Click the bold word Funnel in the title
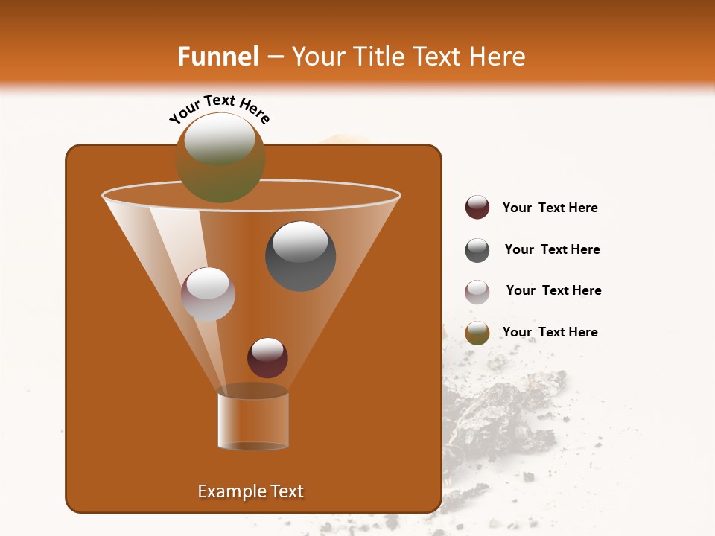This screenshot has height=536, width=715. [217, 57]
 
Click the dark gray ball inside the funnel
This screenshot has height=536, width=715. [300, 256]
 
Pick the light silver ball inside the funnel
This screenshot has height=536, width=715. [208, 294]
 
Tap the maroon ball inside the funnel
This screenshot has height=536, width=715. [267, 358]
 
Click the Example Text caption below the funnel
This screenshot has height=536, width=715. [251, 491]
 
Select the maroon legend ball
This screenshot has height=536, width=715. [477, 208]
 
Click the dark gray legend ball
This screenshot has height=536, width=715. [477, 250]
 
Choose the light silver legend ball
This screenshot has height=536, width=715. [477, 292]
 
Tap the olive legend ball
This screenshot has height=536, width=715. [477, 333]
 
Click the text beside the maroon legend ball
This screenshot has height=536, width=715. [550, 208]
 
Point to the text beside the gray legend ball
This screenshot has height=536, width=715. [552, 249]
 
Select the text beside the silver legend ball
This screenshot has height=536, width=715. [553, 290]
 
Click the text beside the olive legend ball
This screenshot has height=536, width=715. [550, 332]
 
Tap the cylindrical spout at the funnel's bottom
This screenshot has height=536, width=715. [253, 421]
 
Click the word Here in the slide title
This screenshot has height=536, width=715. [495, 57]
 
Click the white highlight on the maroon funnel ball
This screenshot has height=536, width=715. [267, 348]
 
